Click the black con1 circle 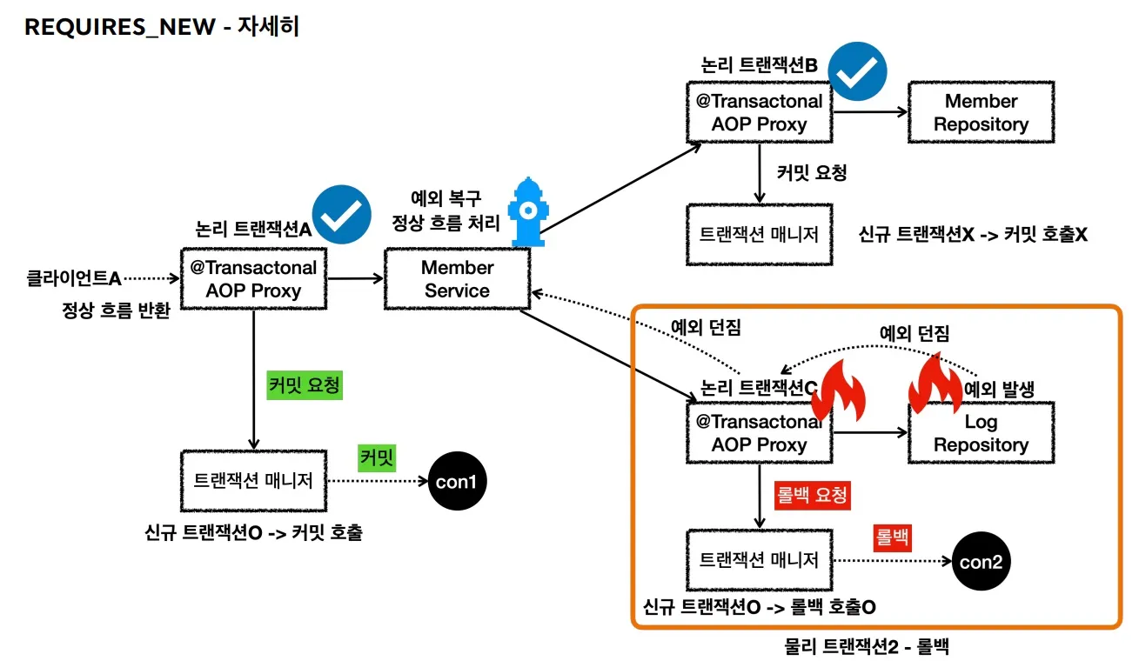(456, 481)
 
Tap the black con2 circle (982, 561)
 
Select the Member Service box (457, 279)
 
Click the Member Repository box (981, 113)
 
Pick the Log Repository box (981, 433)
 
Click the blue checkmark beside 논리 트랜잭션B (857, 72)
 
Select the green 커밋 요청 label (305, 384)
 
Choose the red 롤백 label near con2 (891, 537)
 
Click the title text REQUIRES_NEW (120, 27)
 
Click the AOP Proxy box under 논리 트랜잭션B (759, 113)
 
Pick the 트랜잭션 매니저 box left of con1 (253, 481)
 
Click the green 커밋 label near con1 (376, 457)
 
